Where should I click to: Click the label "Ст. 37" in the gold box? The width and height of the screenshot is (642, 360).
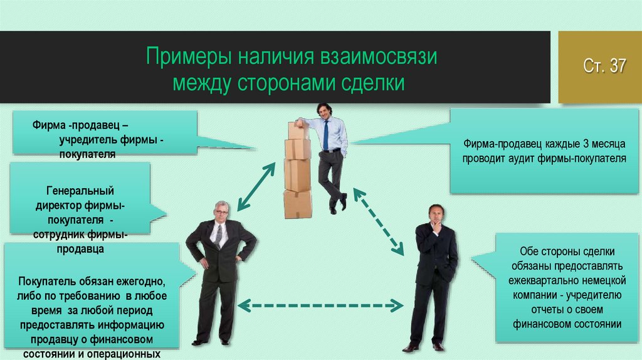(604, 66)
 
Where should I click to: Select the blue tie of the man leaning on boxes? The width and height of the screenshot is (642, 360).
(326, 134)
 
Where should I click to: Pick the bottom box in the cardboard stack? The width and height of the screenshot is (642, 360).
(297, 204)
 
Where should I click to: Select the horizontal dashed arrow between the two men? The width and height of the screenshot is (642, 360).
(321, 306)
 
